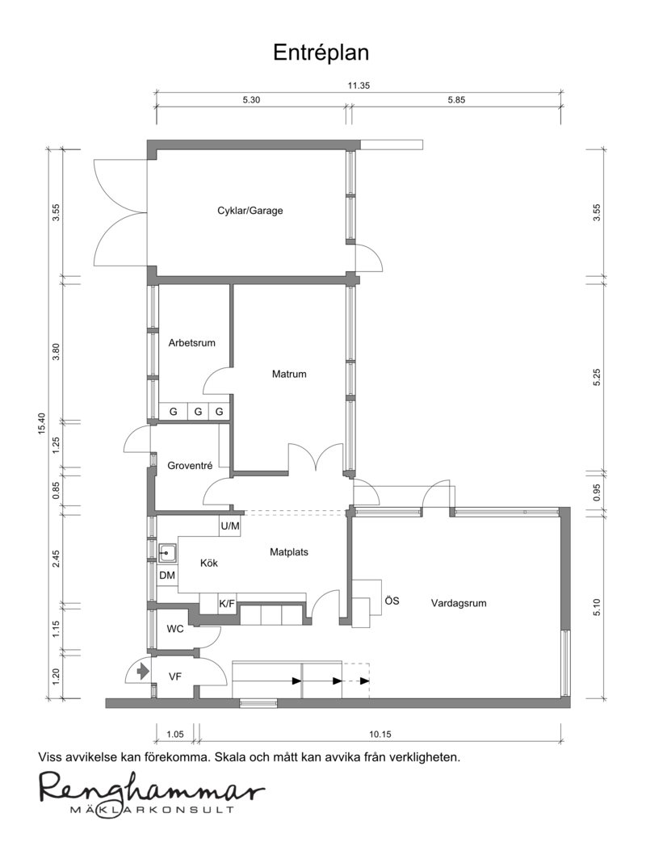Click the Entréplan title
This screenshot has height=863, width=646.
(321, 52)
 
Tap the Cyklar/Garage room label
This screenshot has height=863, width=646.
(250, 210)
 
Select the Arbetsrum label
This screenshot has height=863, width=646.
(191, 343)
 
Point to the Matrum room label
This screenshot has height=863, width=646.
(289, 375)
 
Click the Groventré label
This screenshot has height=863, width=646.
(190, 466)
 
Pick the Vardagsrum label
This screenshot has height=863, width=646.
(459, 603)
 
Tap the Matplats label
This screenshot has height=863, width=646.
(289, 552)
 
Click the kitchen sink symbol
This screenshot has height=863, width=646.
(167, 552)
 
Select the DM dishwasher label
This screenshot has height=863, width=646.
(167, 576)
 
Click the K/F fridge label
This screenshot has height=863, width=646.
(227, 604)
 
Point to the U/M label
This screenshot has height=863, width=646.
(230, 526)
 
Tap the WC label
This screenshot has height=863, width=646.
(175, 629)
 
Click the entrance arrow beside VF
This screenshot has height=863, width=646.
(143, 672)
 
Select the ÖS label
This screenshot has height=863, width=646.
(392, 601)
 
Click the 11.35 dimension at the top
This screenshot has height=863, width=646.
(359, 86)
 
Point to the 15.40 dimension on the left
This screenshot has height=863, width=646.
(41, 424)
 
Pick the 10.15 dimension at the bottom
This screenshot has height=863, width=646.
(380, 734)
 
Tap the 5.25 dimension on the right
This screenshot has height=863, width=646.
(597, 377)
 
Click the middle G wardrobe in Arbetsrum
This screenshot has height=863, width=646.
(199, 412)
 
